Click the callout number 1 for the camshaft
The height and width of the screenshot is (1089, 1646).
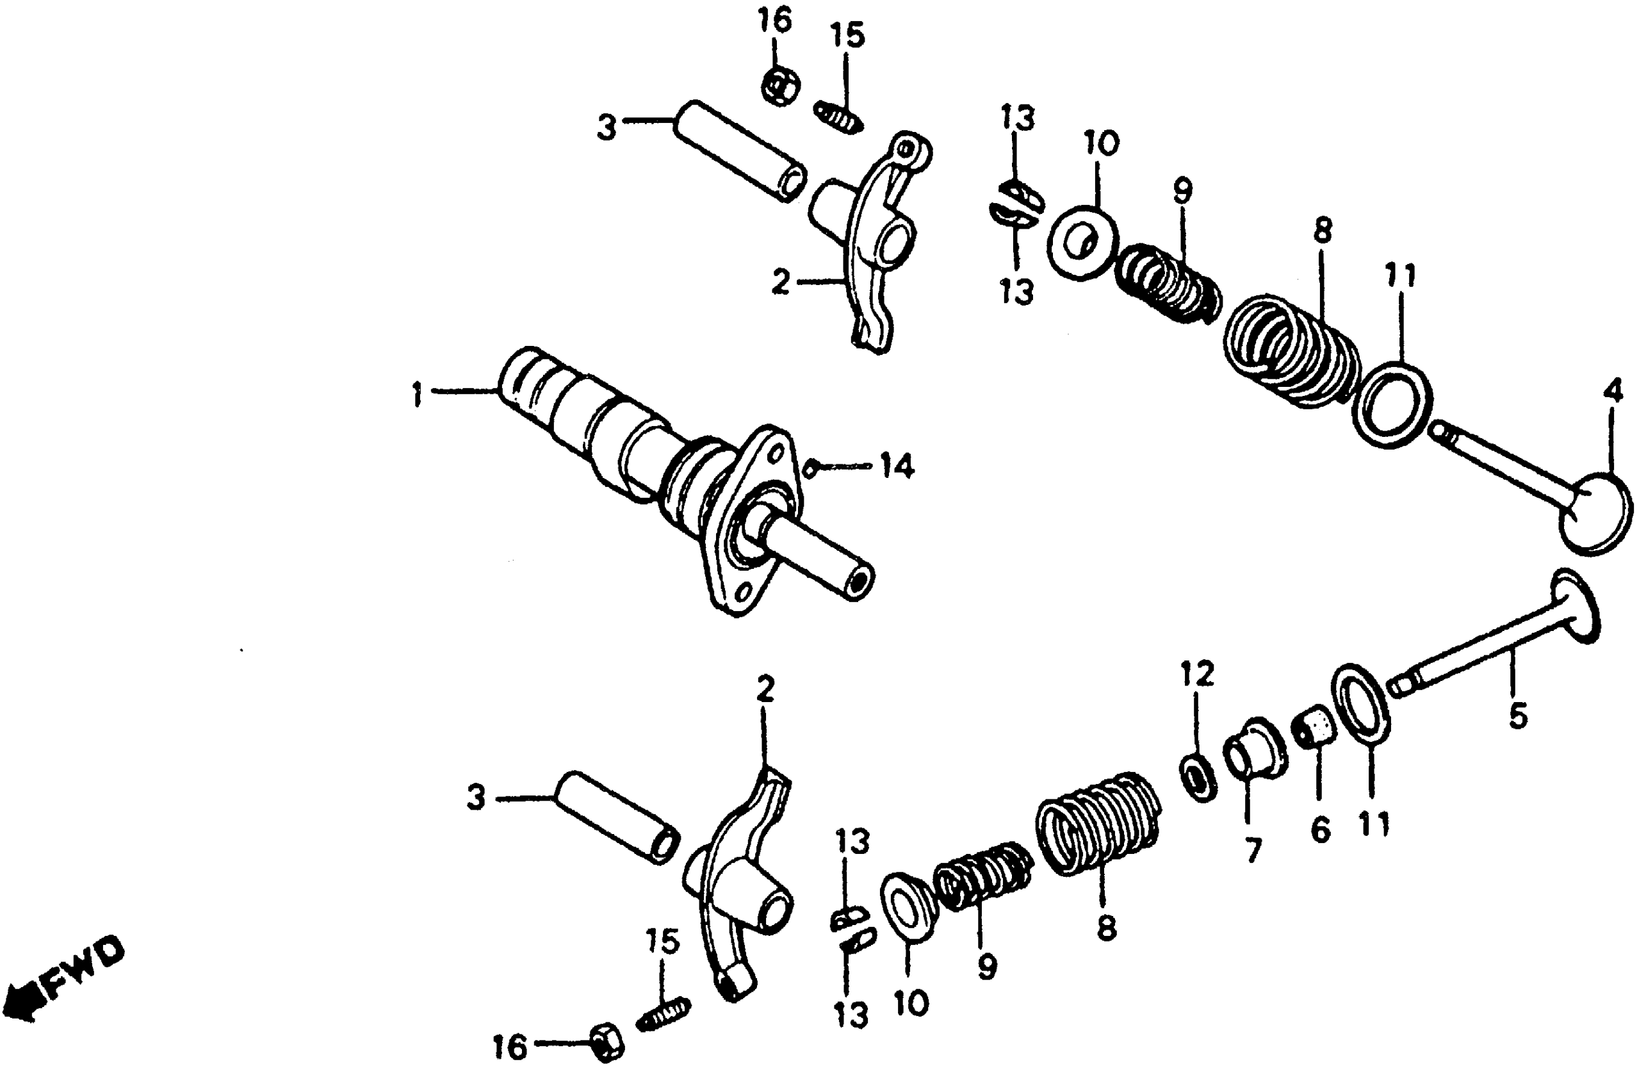417,395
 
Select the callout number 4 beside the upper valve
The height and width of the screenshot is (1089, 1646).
1613,391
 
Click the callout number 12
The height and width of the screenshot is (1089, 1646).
1197,673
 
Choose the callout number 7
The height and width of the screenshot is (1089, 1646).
1253,851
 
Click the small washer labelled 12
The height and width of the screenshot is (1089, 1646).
1198,776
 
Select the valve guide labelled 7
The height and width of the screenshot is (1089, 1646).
1255,751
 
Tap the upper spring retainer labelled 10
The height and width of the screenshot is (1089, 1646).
1082,241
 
